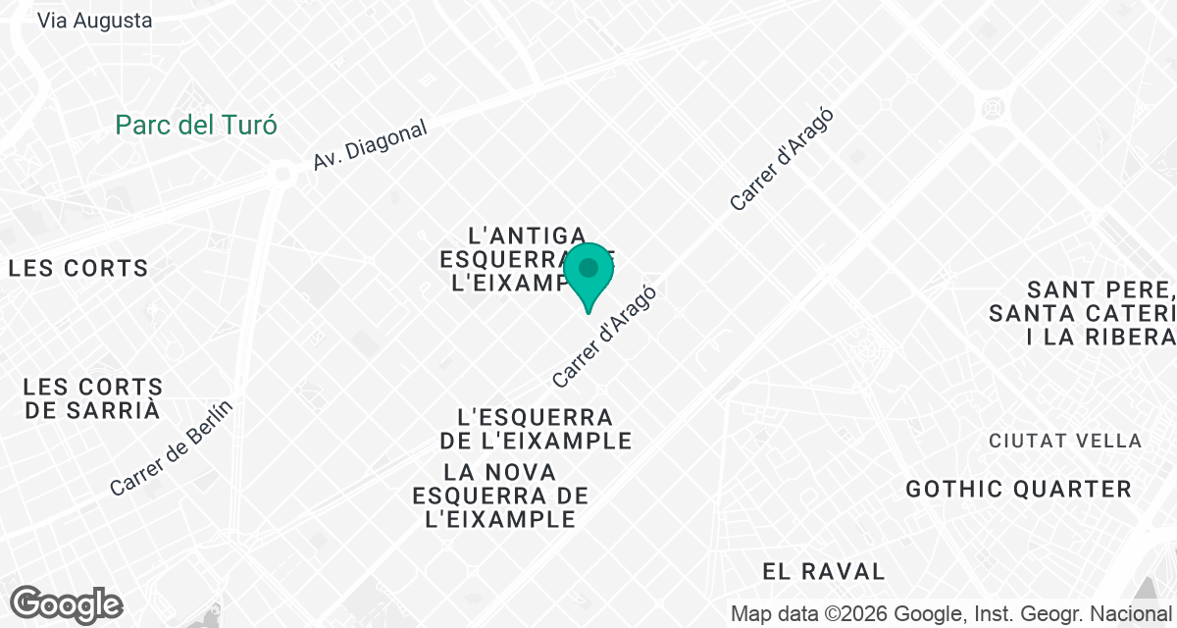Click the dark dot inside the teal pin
coord(588,268)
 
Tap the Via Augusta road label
coord(95,20)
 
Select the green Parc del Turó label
coord(196,126)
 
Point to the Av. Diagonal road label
coord(371,146)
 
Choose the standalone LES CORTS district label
coord(78,268)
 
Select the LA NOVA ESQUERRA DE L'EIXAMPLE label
coord(500,496)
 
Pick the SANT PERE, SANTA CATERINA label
coord(1089,313)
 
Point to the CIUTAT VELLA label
coord(1065,442)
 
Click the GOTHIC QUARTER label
coord(1019,489)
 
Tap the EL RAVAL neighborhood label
coord(824,570)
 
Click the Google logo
coord(66,604)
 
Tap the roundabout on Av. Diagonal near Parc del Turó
coord(282,174)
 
